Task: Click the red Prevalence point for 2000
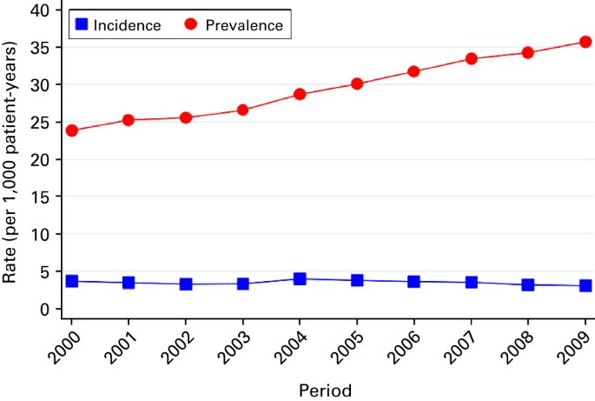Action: coord(72,130)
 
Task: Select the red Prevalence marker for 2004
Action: coord(300,94)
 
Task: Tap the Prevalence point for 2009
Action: coord(585,42)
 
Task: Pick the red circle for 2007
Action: coord(471,58)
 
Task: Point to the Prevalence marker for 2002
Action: coord(186,117)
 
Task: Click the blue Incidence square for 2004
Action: coord(300,279)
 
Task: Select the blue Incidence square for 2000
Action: coord(72,281)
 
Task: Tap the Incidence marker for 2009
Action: coord(585,285)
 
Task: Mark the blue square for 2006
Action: coord(414,282)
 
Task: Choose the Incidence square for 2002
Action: coord(186,284)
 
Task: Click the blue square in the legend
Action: coord(81,25)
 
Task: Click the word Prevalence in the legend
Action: coord(244,25)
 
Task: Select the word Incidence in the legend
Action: coord(128,25)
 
